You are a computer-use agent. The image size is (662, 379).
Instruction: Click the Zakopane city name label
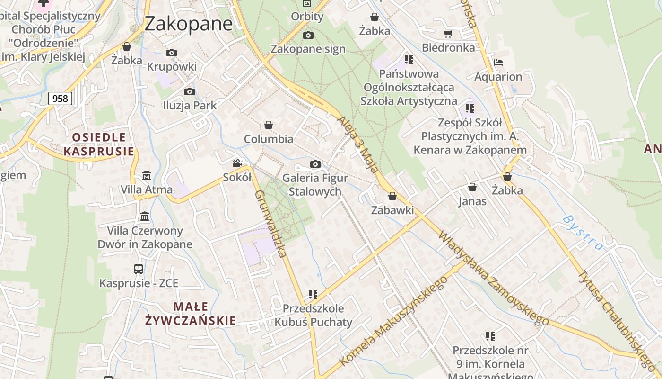189,23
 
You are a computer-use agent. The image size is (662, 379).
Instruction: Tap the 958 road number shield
61,99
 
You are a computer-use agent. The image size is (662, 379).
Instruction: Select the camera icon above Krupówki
172,53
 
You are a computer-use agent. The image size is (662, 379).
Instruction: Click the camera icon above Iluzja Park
190,91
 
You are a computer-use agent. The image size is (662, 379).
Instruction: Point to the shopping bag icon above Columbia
269,125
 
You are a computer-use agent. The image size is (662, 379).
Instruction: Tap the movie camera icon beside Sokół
237,163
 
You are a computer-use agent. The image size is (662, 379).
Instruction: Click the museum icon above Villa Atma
147,176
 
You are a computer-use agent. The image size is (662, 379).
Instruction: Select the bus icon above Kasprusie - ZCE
139,269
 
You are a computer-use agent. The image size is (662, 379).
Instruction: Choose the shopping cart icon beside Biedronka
448,34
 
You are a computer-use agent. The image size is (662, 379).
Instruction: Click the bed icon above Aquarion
498,62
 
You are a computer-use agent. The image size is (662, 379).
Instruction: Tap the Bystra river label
584,232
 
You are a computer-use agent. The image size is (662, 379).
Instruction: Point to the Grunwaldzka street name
270,224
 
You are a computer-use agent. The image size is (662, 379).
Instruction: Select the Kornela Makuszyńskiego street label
393,321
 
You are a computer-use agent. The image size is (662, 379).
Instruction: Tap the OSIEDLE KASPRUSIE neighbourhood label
99,144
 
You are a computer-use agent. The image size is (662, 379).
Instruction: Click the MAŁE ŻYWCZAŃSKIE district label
191,313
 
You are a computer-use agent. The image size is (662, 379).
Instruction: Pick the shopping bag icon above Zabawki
392,196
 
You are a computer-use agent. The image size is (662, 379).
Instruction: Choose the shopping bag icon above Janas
472,188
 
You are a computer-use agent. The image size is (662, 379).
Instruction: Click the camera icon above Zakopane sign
308,35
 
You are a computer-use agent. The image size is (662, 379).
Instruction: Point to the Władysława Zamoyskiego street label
494,279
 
